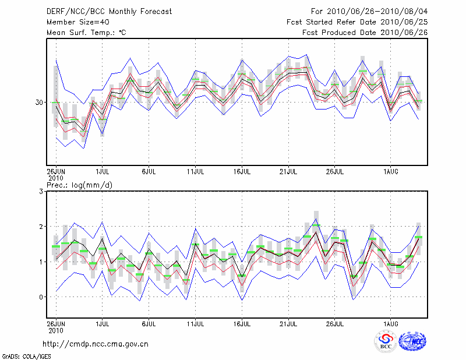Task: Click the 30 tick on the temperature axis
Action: tap(38, 103)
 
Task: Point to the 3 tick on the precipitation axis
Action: tap(41, 191)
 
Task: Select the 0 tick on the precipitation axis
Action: tap(41, 297)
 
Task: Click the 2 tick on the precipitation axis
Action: tap(41, 227)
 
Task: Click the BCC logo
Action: tap(385, 342)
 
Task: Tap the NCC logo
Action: tap(412, 342)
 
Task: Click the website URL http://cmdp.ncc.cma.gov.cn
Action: tap(96, 344)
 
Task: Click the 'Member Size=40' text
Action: tap(77, 22)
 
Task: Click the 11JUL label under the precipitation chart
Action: tap(195, 323)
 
